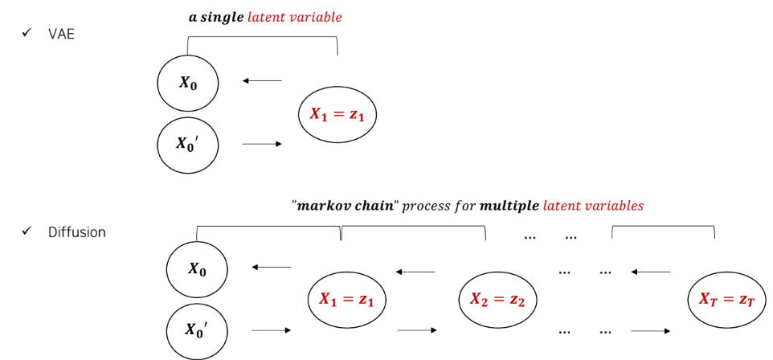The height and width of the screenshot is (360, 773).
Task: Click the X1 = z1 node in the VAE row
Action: pos(337,114)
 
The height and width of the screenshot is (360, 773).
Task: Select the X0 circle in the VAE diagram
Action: pos(188,83)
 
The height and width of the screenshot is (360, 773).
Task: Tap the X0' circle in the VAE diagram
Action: pos(188,145)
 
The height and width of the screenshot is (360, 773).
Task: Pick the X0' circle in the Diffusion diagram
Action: pos(197,330)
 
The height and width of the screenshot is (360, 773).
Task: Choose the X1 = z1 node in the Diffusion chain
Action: pos(347,300)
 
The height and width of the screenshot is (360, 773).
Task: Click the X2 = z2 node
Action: pos(497,300)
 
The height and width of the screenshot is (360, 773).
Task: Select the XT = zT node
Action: pos(727,300)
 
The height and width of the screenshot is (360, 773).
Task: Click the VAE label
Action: pos(61,34)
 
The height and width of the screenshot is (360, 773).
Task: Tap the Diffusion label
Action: pos(77,232)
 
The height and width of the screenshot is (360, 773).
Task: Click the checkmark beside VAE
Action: pos(27,34)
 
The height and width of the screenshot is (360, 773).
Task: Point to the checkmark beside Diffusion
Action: pos(27,231)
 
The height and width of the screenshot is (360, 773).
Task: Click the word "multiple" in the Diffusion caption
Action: pos(509,206)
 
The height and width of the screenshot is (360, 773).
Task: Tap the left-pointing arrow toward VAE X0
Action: pos(262,80)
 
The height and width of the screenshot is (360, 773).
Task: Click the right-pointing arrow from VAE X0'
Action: pos(262,144)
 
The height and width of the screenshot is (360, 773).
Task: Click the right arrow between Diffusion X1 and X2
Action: pos(417,330)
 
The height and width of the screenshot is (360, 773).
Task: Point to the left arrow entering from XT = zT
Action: pos(650,272)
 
